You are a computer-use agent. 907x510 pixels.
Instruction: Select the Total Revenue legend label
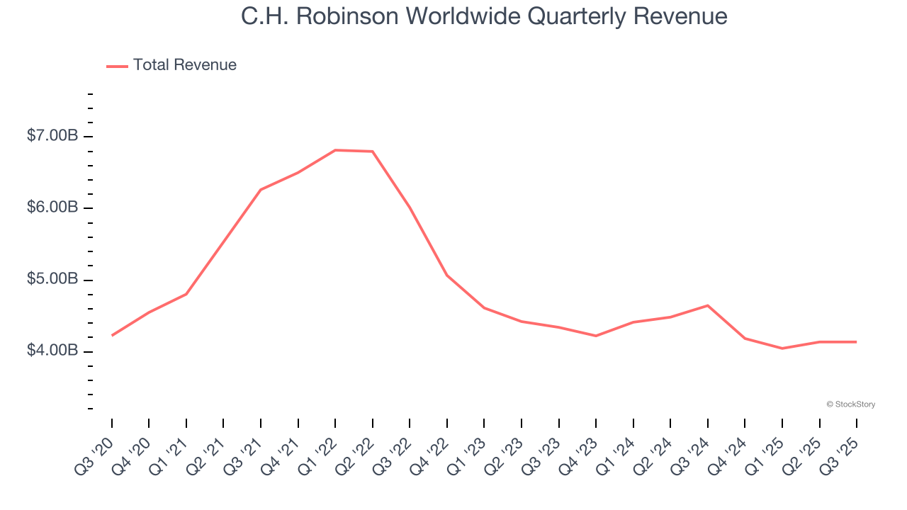click(x=185, y=65)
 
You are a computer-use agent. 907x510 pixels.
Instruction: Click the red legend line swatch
click(x=117, y=66)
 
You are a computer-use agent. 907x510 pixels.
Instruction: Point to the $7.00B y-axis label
click(x=52, y=135)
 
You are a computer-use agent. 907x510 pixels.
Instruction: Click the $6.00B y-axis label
click(x=52, y=208)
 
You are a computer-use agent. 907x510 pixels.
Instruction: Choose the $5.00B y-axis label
click(x=52, y=279)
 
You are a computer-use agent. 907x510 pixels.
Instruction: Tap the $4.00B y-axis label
click(x=52, y=351)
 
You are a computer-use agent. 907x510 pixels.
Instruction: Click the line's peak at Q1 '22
click(x=335, y=150)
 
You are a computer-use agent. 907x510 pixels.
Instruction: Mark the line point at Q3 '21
click(x=261, y=190)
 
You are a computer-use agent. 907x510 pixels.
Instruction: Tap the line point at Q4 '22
click(x=447, y=275)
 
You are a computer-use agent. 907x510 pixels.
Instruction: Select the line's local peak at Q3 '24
click(x=708, y=305)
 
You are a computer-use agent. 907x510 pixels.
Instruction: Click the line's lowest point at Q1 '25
click(x=782, y=348)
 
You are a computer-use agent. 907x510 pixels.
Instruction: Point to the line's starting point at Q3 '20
click(x=112, y=335)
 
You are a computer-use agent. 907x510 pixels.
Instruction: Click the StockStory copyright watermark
click(x=850, y=404)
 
